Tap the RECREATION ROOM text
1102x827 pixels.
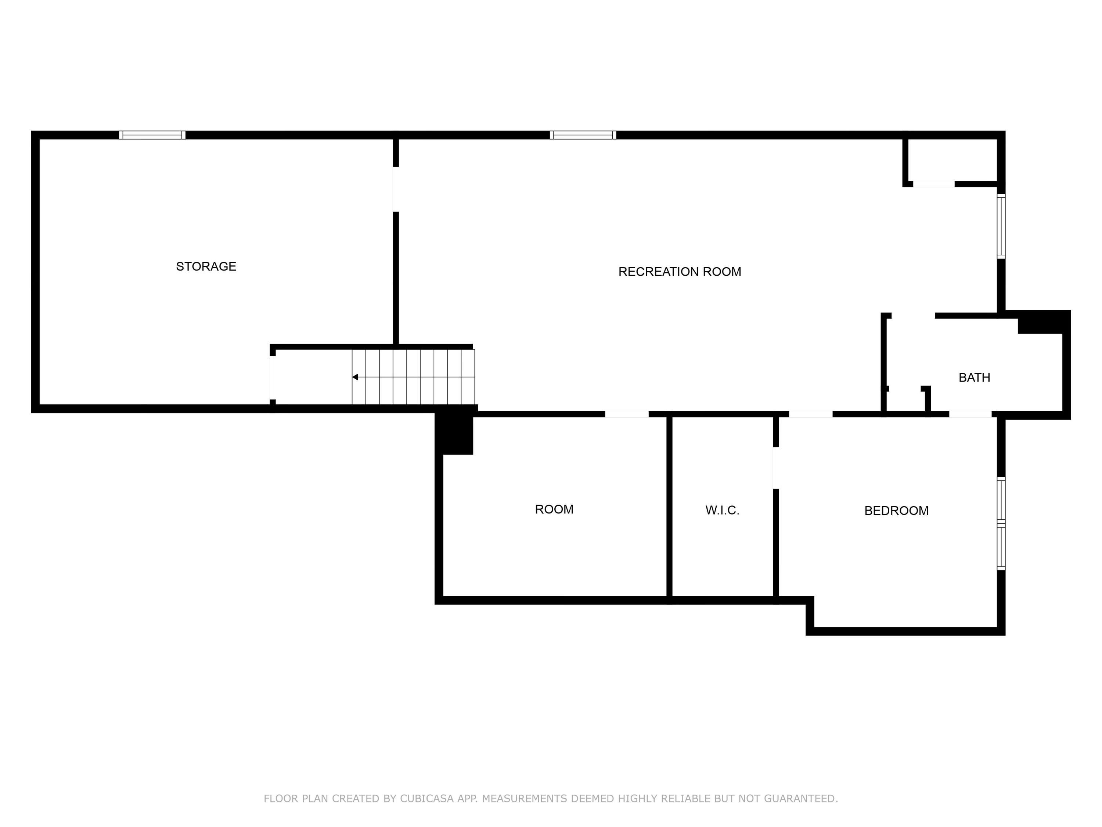click(680, 272)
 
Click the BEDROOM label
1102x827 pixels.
click(896, 511)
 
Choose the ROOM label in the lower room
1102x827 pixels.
click(554, 509)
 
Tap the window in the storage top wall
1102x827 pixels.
click(152, 135)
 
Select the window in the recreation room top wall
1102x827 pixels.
click(583, 135)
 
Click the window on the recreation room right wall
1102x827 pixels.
click(1001, 226)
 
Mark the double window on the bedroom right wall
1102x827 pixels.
click(1001, 523)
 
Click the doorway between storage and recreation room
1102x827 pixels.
click(396, 189)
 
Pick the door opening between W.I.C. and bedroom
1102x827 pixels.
click(776, 468)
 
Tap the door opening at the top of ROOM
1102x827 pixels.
click(627, 414)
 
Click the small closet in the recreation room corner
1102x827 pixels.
click(951, 160)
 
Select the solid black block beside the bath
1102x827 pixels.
click(1043, 322)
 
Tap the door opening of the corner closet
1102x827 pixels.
click(934, 184)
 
